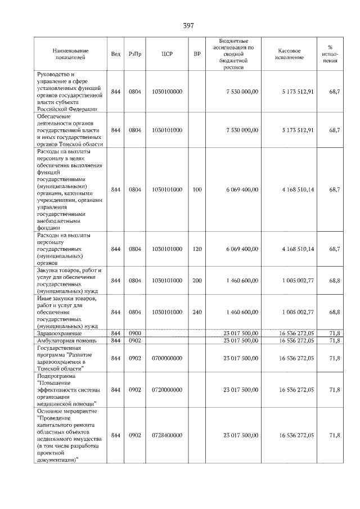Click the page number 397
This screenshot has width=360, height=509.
point(188,26)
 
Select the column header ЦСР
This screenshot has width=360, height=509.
point(167,54)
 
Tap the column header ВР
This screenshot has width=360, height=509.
point(197,54)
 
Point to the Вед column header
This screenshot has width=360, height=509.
point(116,54)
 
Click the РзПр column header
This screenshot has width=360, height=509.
point(135,54)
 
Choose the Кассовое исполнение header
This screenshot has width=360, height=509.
point(290,54)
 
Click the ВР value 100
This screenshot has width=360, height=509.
point(197,190)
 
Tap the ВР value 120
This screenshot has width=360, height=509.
point(197,249)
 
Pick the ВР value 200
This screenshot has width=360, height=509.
point(197,280)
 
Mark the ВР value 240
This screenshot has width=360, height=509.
point(197,312)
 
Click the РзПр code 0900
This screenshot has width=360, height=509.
point(135,334)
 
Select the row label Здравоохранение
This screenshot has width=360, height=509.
point(59,334)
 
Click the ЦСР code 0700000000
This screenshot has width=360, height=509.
point(167,358)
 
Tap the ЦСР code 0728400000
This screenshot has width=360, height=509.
point(167,435)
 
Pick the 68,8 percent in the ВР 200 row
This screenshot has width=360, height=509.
point(334,280)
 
